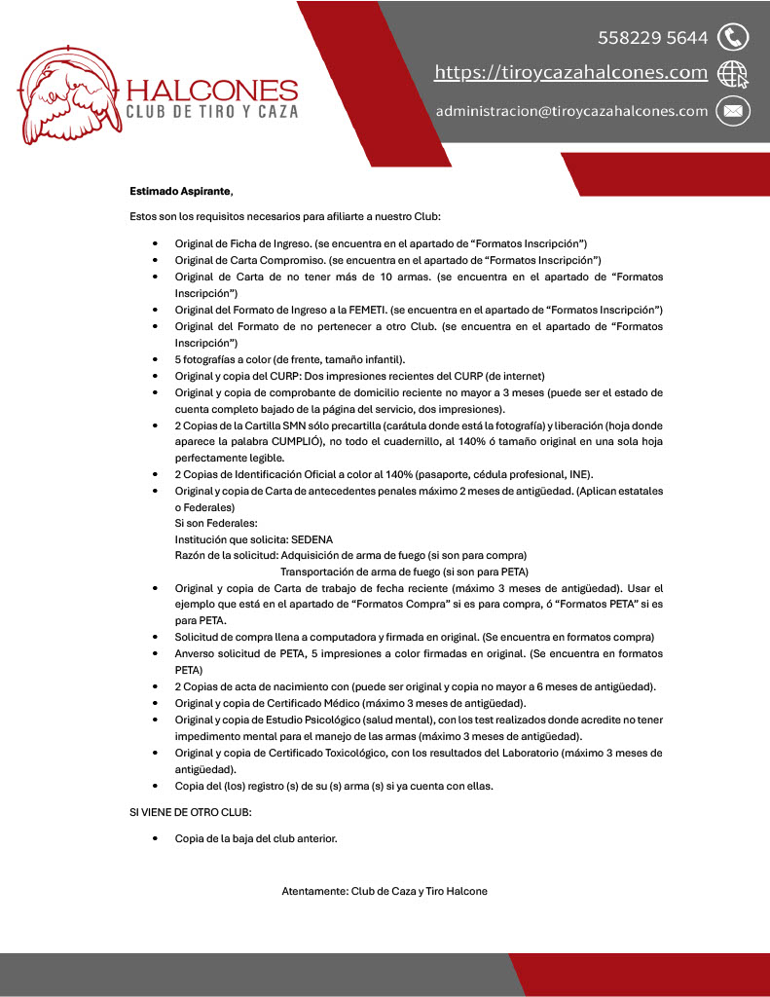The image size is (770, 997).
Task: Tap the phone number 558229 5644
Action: (652, 38)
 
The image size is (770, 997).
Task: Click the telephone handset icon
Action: (732, 38)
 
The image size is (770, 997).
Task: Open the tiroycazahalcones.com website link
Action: (570, 73)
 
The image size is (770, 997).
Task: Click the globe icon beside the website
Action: (732, 74)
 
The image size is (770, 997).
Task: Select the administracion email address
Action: (571, 111)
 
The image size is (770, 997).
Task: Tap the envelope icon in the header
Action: (732, 111)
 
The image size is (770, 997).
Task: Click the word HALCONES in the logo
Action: (212, 91)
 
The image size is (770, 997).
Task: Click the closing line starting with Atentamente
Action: (385, 891)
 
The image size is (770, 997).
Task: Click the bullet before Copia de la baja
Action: (156, 837)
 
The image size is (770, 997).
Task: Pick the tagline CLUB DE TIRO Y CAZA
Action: (212, 112)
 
